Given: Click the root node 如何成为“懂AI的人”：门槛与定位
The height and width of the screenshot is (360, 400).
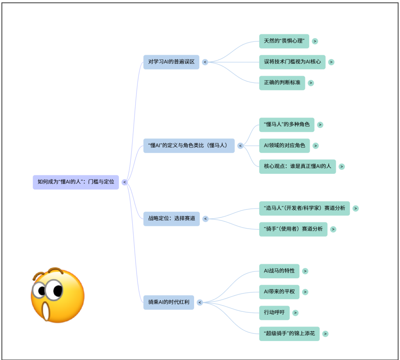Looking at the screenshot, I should (76, 182).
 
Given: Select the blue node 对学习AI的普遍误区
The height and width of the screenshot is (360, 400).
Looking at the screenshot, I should (171, 62).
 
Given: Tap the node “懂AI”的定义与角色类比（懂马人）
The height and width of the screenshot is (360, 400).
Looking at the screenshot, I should (189, 146).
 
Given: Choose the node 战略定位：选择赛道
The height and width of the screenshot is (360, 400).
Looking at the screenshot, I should (171, 219).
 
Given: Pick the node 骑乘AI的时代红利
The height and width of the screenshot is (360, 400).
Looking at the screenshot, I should (169, 302).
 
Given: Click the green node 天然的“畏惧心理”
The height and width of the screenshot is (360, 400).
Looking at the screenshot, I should (284, 41).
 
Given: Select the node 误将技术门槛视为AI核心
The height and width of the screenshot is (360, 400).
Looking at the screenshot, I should (292, 62).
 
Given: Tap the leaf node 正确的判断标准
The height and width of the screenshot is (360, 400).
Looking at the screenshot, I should (282, 83).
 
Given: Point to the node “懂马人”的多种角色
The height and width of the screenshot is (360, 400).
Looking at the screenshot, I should (287, 125).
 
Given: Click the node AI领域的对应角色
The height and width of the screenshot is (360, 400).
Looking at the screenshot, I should (284, 146).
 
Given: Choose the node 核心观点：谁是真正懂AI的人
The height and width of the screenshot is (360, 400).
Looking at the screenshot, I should (297, 166).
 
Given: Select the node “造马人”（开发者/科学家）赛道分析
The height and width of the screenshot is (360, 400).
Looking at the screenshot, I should (304, 208).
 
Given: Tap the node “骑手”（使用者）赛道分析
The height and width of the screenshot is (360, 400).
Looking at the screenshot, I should (293, 229).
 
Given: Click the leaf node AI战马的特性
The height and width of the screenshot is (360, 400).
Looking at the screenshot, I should (279, 271).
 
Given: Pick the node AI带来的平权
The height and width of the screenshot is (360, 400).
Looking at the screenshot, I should (279, 292).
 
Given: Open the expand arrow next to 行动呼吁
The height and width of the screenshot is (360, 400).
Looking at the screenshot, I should (295, 313).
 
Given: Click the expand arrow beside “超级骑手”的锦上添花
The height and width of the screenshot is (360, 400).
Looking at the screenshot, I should (325, 334).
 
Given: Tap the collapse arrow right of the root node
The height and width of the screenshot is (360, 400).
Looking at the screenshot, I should (125, 182).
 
